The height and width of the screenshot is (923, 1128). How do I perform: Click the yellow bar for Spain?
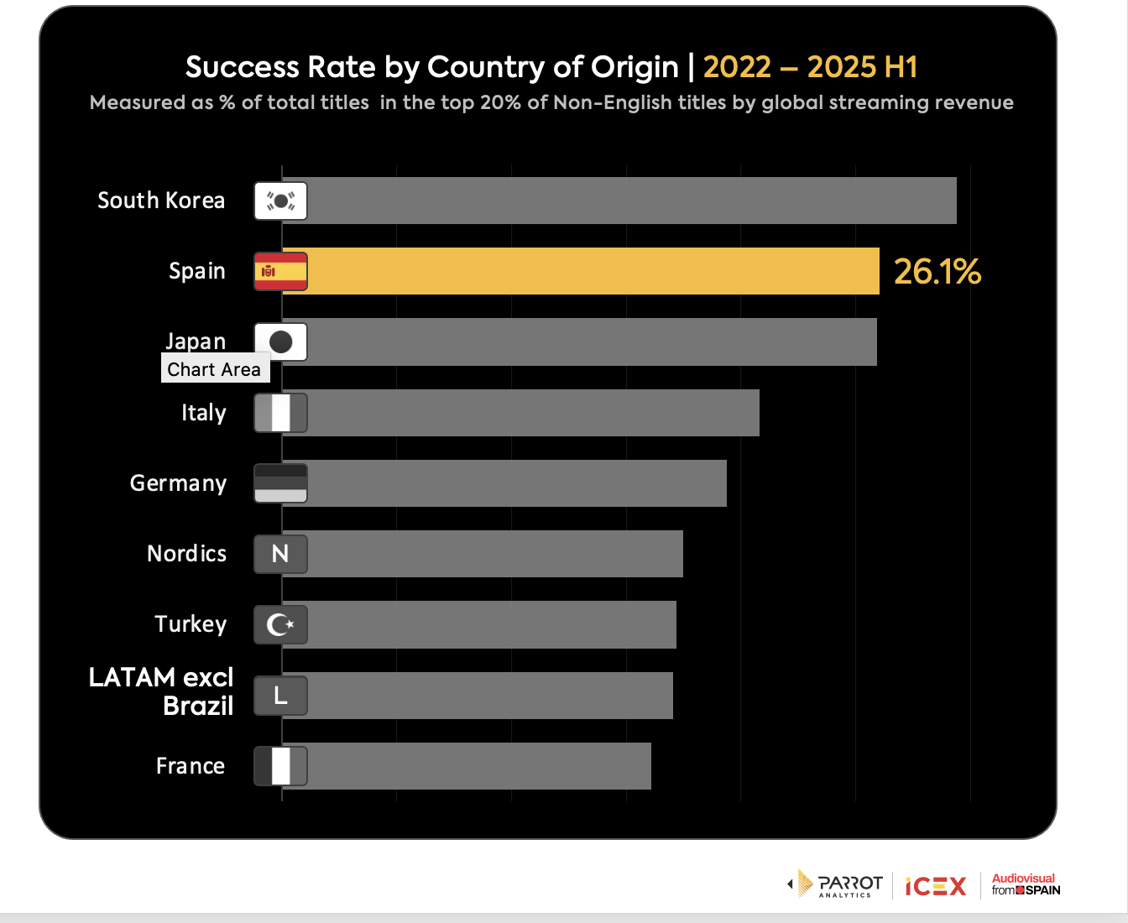tap(587, 271)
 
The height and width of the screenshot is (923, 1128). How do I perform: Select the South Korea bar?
tap(629, 201)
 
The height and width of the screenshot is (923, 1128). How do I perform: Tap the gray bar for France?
tap(478, 766)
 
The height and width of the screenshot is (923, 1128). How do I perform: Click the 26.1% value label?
tap(937, 271)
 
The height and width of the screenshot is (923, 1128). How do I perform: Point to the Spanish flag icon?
tap(280, 271)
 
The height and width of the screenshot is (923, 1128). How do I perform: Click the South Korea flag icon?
tap(280, 201)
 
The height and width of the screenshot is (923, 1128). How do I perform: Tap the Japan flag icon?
tap(280, 342)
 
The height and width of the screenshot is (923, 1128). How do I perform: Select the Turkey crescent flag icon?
tap(280, 624)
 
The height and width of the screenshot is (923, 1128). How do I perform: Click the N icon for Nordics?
tap(280, 554)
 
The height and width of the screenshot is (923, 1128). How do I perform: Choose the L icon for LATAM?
tap(280, 696)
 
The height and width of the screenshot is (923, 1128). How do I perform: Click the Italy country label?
tap(204, 413)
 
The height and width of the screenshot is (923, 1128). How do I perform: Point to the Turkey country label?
tap(191, 624)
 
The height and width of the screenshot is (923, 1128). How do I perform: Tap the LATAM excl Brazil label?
tap(162, 691)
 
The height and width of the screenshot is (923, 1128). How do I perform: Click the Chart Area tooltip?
tap(215, 369)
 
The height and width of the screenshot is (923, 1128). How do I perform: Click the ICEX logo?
tap(936, 886)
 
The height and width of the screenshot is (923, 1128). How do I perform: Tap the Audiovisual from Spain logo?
tap(1026, 884)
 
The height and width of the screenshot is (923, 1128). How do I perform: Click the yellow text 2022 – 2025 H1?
tap(810, 67)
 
